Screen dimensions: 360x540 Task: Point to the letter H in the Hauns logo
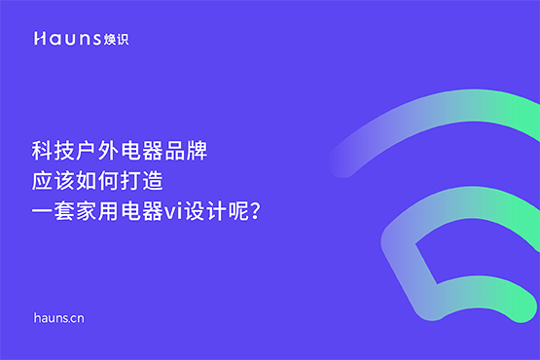[38, 39]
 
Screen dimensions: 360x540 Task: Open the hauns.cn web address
[60, 318]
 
